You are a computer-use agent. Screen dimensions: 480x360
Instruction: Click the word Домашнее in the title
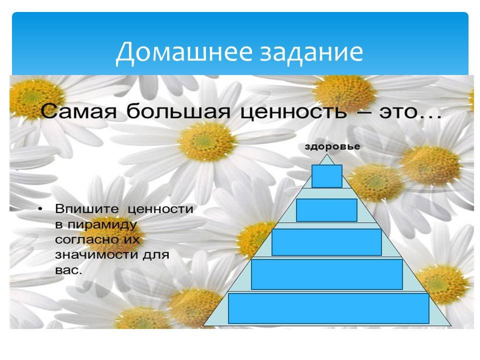pos(184,51)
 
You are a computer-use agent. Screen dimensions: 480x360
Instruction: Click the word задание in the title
pos(311,51)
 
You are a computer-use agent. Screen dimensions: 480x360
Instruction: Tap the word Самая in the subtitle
pos(78,111)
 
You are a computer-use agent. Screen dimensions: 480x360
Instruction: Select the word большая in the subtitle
pos(178,111)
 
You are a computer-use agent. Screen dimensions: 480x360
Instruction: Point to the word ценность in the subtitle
pos(293,111)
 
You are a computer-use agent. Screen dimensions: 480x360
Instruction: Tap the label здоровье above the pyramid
pos(332,146)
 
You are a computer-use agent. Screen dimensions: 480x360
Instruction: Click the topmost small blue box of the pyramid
pos(327,176)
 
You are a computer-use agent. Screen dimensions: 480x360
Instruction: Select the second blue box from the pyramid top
pos(326,210)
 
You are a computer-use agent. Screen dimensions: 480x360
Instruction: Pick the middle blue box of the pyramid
pos(326,242)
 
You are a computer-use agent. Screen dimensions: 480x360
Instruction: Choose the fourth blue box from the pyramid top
pos(327,274)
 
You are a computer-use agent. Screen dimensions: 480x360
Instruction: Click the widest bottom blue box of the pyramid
pos(328,308)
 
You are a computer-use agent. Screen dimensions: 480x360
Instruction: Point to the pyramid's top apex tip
pos(327,154)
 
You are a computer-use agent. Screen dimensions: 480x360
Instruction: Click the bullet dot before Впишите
pos(40,209)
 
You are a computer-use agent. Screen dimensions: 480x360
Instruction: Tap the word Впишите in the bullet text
pos(87,209)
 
